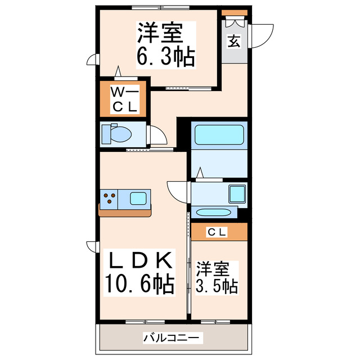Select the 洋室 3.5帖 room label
click(x=217, y=277)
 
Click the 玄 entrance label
click(x=232, y=41)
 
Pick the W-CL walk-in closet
click(x=124, y=98)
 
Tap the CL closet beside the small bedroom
click(x=218, y=231)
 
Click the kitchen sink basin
click(x=138, y=198)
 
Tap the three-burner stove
click(x=110, y=198)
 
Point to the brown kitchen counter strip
click(x=125, y=212)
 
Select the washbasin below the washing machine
click(x=214, y=213)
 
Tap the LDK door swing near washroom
click(x=177, y=192)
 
